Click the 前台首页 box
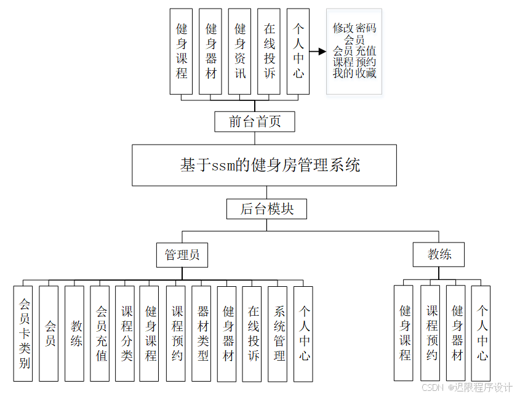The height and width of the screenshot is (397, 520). (x=255, y=121)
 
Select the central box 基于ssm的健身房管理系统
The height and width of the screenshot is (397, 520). (x=264, y=165)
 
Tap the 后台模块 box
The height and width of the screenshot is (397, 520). (x=266, y=209)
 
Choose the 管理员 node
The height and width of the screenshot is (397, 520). (x=182, y=254)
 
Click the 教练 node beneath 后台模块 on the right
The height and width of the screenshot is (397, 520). (x=439, y=254)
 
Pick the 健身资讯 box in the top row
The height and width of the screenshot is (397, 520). (x=240, y=51)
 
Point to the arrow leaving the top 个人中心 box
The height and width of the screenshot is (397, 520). (x=318, y=52)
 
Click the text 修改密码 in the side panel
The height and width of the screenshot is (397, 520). (x=354, y=28)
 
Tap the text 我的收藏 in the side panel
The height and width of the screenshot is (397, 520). (x=354, y=73)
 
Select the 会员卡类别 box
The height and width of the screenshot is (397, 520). (x=23, y=333)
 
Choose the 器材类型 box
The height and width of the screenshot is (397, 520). (x=203, y=333)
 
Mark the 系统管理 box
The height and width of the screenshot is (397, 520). (x=278, y=333)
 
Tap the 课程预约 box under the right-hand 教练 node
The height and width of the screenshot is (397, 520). (x=431, y=332)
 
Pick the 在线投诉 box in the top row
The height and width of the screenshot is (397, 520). (x=270, y=51)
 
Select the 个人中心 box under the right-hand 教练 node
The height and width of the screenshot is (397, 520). (x=481, y=332)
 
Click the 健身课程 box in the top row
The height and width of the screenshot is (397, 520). (x=182, y=51)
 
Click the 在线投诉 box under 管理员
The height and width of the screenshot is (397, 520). (x=253, y=333)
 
